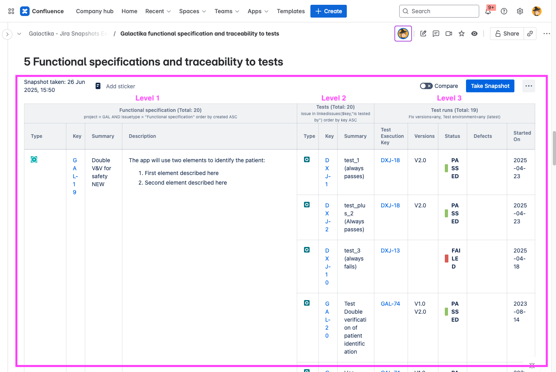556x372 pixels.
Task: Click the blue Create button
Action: pyautogui.click(x=328, y=11)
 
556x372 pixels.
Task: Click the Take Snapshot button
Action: pyautogui.click(x=490, y=86)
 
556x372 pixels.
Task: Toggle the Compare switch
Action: pyautogui.click(x=426, y=86)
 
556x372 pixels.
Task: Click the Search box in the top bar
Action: pyautogui.click(x=439, y=11)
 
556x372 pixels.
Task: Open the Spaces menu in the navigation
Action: pyautogui.click(x=192, y=11)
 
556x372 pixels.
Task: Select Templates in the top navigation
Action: pyautogui.click(x=291, y=11)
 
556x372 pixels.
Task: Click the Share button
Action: pyautogui.click(x=507, y=34)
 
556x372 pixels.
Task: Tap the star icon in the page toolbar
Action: pyautogui.click(x=462, y=34)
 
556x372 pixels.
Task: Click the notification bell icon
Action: pyautogui.click(x=488, y=11)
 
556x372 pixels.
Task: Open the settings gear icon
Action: pyautogui.click(x=520, y=11)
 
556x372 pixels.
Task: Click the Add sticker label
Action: pyautogui.click(x=120, y=86)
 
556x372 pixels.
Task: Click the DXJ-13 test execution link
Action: pyautogui.click(x=390, y=251)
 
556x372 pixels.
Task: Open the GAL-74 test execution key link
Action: pyautogui.click(x=390, y=304)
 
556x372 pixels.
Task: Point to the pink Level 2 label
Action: pyautogui.click(x=334, y=98)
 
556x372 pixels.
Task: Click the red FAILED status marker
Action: pyautogui.click(x=447, y=259)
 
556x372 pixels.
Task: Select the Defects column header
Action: pyautogui.click(x=483, y=136)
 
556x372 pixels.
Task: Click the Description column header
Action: pyautogui.click(x=142, y=136)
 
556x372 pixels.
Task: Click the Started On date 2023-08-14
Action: pyautogui.click(x=520, y=312)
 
